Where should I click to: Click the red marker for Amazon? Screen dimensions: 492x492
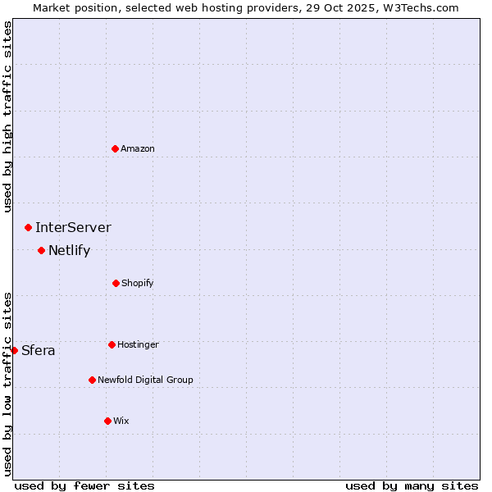[115, 148]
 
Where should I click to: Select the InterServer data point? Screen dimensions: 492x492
[28, 227]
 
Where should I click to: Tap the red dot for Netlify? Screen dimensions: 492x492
[41, 250]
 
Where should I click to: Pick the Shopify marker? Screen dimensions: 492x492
[116, 283]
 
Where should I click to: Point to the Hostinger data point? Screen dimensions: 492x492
[112, 344]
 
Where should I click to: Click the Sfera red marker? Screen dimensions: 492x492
[14, 350]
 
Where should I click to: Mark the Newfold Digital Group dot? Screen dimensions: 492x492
[92, 380]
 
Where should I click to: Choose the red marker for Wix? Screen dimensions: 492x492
[107, 421]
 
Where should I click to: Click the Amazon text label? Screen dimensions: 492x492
[138, 148]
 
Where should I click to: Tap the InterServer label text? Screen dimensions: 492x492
[73, 227]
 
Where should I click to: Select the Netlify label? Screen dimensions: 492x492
[69, 250]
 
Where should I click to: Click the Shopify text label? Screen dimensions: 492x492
[138, 283]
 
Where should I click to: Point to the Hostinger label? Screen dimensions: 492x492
[138, 344]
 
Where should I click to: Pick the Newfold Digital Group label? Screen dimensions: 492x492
[146, 380]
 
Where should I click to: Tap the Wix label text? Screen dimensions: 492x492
[121, 421]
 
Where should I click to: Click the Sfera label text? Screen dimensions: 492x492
[39, 351]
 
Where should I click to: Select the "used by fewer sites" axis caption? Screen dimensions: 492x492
[84, 485]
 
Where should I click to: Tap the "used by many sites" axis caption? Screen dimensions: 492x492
[412, 485]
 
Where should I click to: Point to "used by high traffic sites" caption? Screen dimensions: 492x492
[7, 116]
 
